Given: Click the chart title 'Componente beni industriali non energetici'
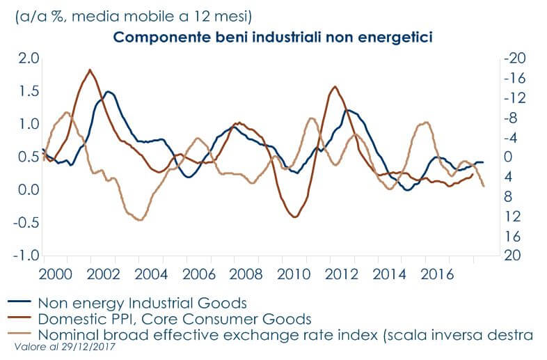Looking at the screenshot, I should [273, 38].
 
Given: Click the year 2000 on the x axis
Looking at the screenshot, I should [56, 272].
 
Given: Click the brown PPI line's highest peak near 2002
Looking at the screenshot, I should [90, 70].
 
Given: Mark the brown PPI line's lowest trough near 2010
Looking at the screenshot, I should [294, 217].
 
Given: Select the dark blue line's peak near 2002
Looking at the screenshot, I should [108, 91].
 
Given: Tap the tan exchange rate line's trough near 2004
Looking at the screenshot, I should [140, 220].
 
